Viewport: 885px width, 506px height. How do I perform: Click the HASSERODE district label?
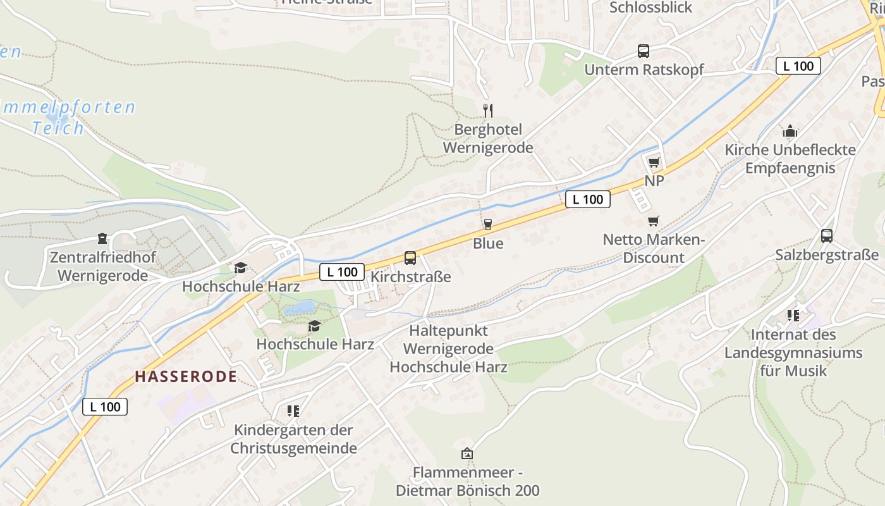pos(186,377)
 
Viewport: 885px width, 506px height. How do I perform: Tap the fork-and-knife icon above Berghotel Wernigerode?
pos(487,111)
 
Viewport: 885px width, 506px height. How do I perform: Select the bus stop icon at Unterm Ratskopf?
pos(643,51)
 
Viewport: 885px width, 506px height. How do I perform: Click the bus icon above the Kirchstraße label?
pos(410,258)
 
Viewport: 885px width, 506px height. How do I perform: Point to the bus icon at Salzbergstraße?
pos(826,236)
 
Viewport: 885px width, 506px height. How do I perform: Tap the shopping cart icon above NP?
pos(654,162)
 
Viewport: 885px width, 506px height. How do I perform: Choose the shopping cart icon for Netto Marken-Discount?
pos(653,221)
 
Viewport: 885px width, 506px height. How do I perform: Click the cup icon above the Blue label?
pos(487,224)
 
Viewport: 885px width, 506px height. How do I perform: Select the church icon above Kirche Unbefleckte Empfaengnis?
pos(790,132)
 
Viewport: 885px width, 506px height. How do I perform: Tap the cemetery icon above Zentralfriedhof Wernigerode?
pos(102,238)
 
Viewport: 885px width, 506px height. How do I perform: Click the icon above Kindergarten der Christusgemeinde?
pos(293,411)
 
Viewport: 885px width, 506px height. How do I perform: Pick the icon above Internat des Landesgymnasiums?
pos(793,315)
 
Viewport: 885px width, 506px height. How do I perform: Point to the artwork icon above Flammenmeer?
pos(467,454)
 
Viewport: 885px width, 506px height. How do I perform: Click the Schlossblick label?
pos(651,8)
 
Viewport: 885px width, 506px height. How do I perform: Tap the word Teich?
pos(58,128)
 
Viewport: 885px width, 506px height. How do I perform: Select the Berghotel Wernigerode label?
pos(488,139)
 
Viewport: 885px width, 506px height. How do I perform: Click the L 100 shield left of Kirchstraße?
pos(342,272)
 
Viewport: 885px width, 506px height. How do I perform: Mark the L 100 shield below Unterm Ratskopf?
pos(798,66)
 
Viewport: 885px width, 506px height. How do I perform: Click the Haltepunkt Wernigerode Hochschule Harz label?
pos(448,349)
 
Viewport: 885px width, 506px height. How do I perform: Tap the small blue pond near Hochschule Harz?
pos(299,308)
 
